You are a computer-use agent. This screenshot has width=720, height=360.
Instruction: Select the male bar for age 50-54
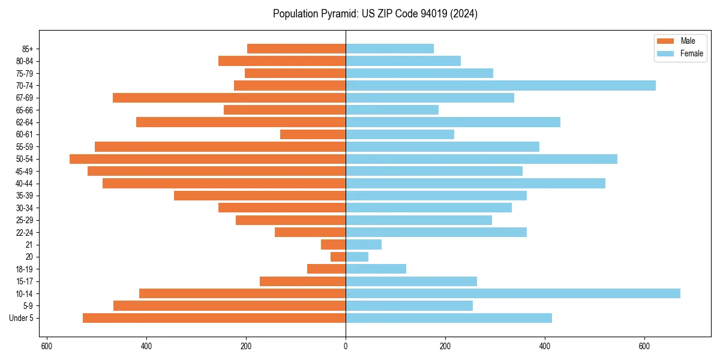pyautogui.click(x=208, y=159)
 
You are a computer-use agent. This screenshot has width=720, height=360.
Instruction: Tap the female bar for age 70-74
pyautogui.click(x=500, y=85)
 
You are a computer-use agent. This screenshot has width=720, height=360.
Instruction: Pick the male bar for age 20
pyautogui.click(x=338, y=257)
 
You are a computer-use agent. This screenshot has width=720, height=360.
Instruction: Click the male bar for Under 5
pyautogui.click(x=214, y=318)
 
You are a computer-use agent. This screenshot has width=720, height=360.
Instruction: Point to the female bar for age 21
pyautogui.click(x=364, y=244)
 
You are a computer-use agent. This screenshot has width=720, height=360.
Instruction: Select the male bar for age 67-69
pyautogui.click(x=229, y=98)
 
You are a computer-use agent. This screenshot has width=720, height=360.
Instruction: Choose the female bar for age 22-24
pyautogui.click(x=436, y=232)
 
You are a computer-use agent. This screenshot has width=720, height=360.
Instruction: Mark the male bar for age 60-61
pyautogui.click(x=313, y=134)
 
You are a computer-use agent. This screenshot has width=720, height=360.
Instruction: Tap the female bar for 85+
pyautogui.click(x=389, y=49)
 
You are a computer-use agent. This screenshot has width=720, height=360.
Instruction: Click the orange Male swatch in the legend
pyautogui.click(x=665, y=41)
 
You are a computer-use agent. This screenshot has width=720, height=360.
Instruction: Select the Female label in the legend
pyautogui.click(x=691, y=53)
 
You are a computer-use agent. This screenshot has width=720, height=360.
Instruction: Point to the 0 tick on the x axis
pyautogui.click(x=346, y=347)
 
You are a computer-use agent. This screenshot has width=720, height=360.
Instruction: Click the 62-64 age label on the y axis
pyautogui.click(x=25, y=122)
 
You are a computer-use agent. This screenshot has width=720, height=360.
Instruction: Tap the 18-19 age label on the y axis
pyautogui.click(x=25, y=269)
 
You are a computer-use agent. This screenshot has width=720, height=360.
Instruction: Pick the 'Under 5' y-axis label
pyautogui.click(x=22, y=318)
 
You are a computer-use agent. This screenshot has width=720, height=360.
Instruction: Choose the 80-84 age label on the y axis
pyautogui.click(x=25, y=61)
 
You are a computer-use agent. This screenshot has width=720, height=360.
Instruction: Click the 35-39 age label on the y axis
pyautogui.click(x=25, y=196)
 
